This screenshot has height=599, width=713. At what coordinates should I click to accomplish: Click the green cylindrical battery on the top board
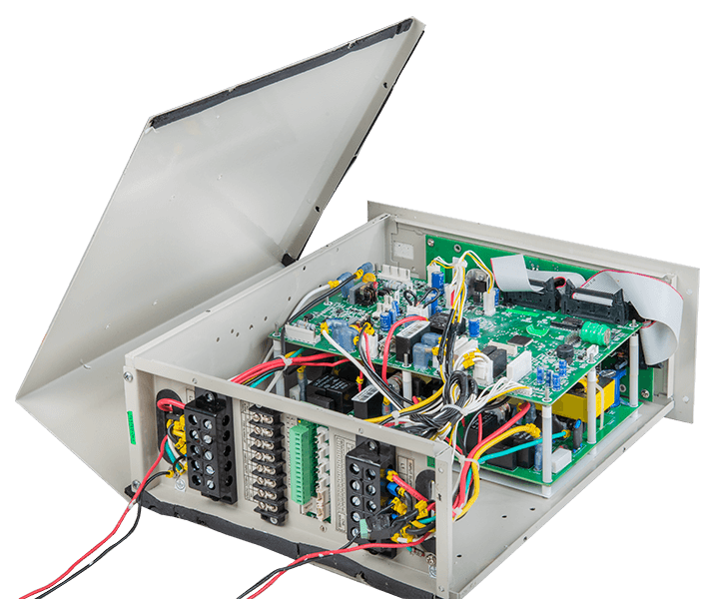596,331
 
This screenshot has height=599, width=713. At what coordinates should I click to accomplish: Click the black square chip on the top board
520,342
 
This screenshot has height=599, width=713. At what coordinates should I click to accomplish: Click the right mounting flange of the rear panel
685,329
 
